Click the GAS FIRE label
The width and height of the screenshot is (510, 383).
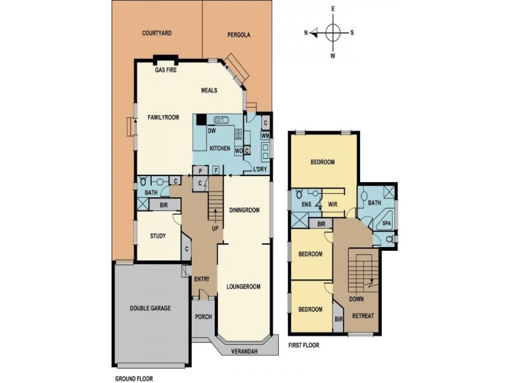[x=166, y=70]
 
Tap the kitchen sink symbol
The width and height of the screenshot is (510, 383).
[x=221, y=120]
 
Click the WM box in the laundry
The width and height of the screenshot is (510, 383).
[x=265, y=135]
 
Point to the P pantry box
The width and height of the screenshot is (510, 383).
[x=200, y=170]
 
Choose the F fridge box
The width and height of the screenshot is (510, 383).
[x=216, y=170]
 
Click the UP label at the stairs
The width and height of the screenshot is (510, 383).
[x=215, y=229]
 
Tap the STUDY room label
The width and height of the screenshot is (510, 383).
[x=157, y=236]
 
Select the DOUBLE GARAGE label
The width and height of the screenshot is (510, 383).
[x=150, y=308]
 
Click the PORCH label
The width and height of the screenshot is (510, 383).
[x=203, y=317]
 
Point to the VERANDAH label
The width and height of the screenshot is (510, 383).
[x=244, y=352]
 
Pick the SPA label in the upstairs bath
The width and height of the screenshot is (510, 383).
[x=386, y=224]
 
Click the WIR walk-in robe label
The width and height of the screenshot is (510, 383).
[x=333, y=204]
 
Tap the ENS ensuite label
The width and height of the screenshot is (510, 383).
[x=307, y=204]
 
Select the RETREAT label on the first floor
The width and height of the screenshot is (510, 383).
[x=363, y=315]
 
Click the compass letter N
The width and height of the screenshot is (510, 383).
[x=306, y=33]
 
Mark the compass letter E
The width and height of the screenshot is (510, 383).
[x=333, y=9]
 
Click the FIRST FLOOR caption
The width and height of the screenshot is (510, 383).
[x=304, y=345]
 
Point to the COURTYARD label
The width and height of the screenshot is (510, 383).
[x=157, y=33]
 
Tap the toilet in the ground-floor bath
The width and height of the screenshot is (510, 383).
[x=143, y=181]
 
